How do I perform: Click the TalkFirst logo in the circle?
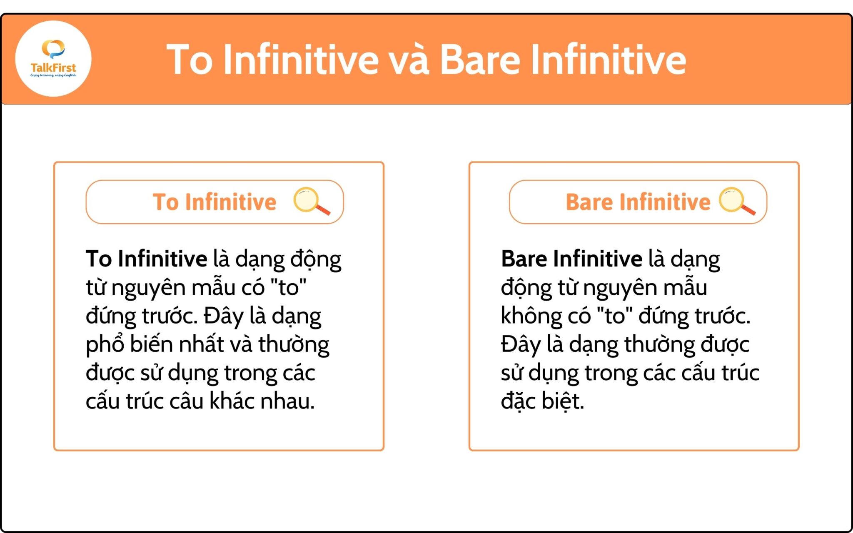53,59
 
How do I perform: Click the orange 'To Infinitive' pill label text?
214,202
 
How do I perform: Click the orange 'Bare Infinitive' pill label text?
638,202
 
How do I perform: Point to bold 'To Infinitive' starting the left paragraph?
146,259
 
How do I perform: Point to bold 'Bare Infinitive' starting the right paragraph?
571,259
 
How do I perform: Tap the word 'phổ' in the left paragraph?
105,345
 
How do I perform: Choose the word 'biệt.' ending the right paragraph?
563,401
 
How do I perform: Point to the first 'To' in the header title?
190,61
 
